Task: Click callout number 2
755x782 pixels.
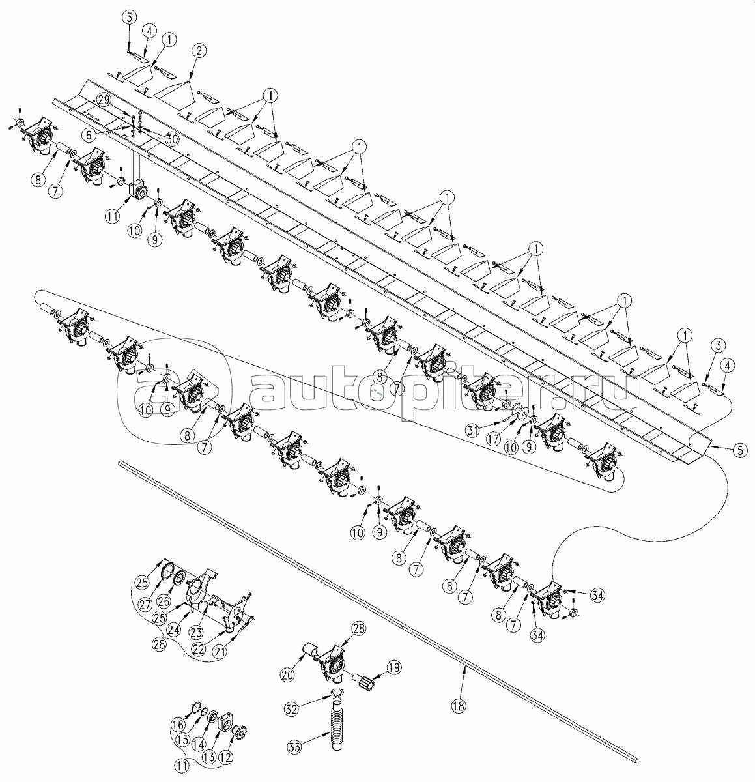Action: pos(199,51)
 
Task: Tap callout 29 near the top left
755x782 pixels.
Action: pos(104,101)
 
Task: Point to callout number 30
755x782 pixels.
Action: pos(171,139)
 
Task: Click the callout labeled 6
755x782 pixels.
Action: pos(89,136)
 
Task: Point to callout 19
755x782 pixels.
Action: pos(394,667)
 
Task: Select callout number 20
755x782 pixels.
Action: pos(288,674)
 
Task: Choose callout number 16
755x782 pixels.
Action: pos(178,735)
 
